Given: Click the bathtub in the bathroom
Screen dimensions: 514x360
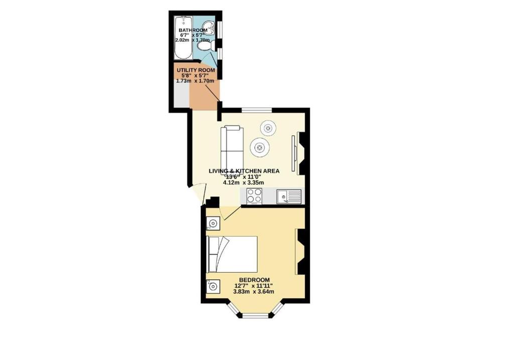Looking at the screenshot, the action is point(183,38).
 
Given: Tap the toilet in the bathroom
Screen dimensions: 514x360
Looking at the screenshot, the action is point(207,46).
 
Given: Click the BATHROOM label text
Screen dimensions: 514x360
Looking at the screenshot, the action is point(193,30).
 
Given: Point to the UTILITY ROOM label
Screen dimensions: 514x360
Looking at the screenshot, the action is point(196,70).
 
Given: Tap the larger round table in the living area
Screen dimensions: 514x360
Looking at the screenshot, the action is point(260,148).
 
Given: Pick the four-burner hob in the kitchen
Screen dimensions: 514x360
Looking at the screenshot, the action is point(254,196).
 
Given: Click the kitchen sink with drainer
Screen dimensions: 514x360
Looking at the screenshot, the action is point(289,196).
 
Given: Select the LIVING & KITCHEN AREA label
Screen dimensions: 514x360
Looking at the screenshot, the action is point(244,171).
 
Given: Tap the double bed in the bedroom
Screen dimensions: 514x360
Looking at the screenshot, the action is point(232,254).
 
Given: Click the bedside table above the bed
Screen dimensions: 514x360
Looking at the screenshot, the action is point(213,223).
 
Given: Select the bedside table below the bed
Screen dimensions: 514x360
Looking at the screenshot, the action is point(213,287).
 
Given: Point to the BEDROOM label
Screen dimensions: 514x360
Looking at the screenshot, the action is point(254,280).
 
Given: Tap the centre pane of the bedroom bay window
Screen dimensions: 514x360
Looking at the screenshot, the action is point(255,316).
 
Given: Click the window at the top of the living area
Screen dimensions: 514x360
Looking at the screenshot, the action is point(256,110).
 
